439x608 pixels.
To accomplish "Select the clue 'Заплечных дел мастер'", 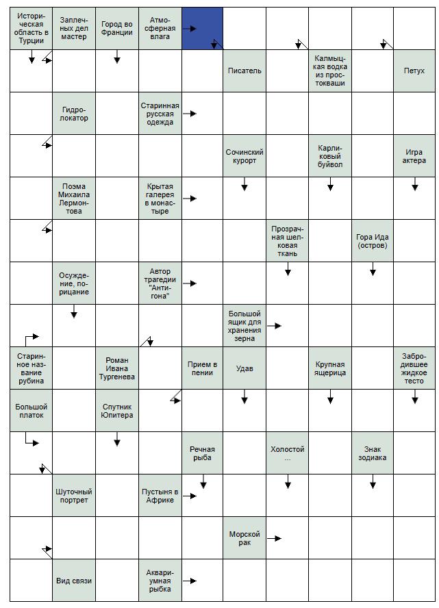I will [73, 28].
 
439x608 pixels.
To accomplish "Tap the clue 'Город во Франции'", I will [116, 28].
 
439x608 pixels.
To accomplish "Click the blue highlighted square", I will [202, 28].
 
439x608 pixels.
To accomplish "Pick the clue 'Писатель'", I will [244, 71].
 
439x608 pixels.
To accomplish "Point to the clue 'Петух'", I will [414, 71].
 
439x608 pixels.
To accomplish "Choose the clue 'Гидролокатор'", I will [74, 113].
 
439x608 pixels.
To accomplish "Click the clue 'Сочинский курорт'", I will [244, 156].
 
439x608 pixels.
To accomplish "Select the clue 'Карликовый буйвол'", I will [329, 156].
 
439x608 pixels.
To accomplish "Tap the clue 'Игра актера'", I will [414, 156].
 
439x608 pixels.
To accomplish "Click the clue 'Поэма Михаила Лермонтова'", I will [74, 199].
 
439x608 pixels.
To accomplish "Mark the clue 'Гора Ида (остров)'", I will [372, 241].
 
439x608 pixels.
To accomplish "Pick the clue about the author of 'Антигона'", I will [160, 283].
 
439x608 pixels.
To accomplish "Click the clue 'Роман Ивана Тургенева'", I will [116, 368].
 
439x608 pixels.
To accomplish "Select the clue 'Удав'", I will [244, 368].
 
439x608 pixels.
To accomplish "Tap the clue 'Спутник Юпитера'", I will [116, 411].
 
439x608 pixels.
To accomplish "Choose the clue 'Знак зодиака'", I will [372, 453].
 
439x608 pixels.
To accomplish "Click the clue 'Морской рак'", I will [244, 538].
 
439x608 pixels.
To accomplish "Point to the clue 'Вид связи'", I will [74, 581].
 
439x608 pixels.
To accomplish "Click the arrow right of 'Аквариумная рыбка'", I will [191, 581].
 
